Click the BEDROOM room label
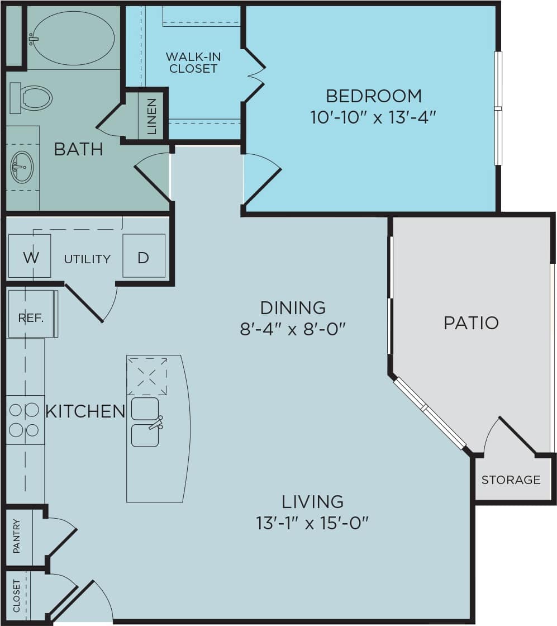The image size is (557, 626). click(373, 96)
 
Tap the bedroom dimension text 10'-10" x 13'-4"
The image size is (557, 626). click(373, 117)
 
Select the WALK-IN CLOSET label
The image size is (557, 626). click(193, 63)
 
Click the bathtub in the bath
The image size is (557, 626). click(73, 37)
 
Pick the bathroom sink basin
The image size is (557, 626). click(22, 167)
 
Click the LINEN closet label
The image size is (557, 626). click(151, 117)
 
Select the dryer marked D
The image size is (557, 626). click(144, 257)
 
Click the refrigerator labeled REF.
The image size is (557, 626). click(31, 317)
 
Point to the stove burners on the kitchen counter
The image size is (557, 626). click(25, 420)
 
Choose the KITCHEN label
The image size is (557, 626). click(85, 411)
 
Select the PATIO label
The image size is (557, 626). click(471, 323)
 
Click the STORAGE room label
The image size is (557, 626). click(511, 480)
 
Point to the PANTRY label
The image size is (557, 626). click(17, 537)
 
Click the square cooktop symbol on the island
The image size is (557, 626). click(147, 375)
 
